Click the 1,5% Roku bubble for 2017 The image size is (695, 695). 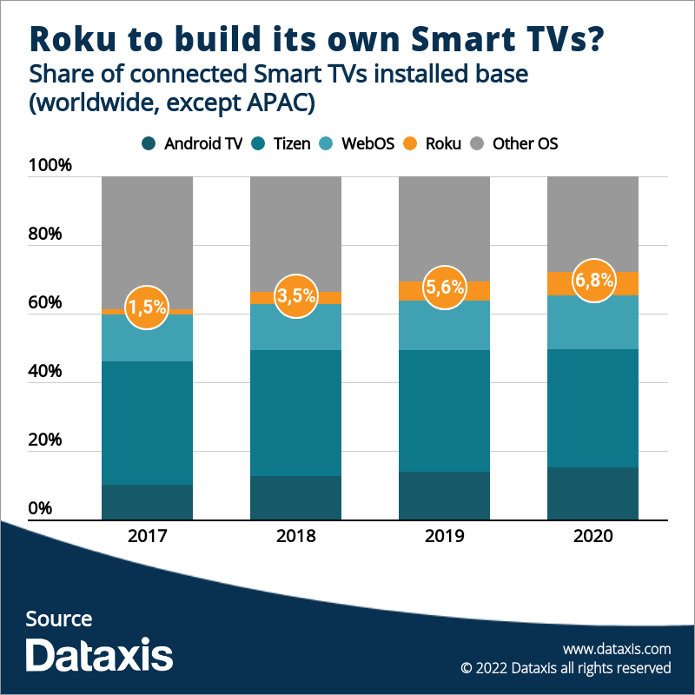tap(146, 308)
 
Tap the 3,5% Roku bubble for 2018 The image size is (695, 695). tap(295, 296)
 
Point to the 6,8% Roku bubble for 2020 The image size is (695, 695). tap(593, 281)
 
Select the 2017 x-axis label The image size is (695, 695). tap(147, 536)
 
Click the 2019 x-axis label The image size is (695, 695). tap(444, 536)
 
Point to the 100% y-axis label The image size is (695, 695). tap(50, 166)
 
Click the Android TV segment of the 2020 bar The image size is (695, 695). tap(593, 493)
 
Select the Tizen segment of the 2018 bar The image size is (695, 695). tap(295, 413)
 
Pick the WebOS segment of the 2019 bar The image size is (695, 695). tap(444, 325)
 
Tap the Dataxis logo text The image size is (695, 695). tap(99, 654)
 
